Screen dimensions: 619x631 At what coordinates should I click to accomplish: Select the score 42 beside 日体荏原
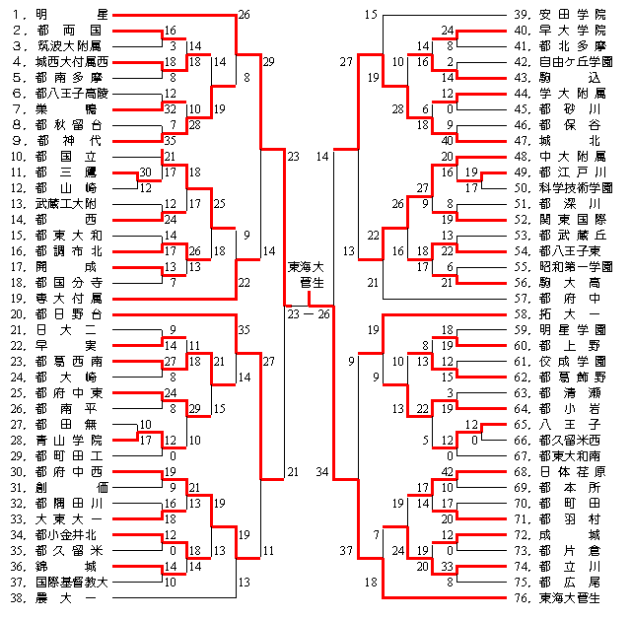pos(448,472)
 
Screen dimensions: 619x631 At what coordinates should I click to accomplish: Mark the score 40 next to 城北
pos(448,140)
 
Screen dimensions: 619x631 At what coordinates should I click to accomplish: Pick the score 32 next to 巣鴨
pos(171,109)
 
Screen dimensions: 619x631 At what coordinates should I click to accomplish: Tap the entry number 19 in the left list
pos(14,298)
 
